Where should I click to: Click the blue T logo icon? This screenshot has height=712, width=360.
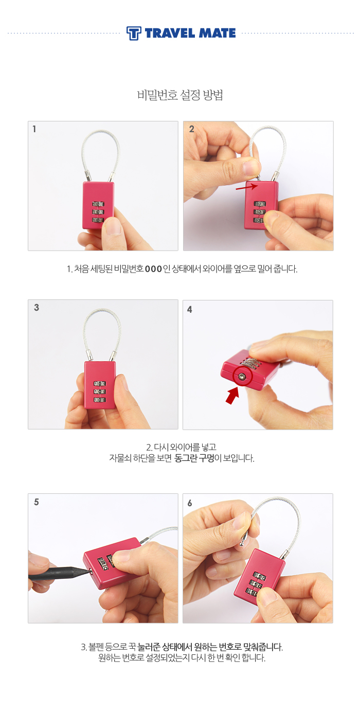click(133, 33)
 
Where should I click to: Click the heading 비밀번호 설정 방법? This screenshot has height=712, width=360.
click(180, 95)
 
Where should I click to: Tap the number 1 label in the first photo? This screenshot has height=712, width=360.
click(34, 129)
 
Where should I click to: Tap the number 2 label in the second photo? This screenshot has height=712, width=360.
click(191, 129)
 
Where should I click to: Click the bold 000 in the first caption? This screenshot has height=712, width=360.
click(153, 269)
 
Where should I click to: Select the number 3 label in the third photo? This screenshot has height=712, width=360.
click(37, 307)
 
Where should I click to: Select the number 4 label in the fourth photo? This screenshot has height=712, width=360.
click(190, 309)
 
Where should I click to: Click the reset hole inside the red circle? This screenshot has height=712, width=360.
click(242, 376)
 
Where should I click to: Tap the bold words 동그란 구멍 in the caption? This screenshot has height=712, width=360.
click(194, 458)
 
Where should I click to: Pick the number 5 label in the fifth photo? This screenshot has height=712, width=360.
click(37, 502)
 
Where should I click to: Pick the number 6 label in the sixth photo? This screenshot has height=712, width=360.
click(190, 503)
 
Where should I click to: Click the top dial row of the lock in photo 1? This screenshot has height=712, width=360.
click(98, 204)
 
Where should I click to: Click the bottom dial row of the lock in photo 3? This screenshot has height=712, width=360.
click(100, 400)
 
